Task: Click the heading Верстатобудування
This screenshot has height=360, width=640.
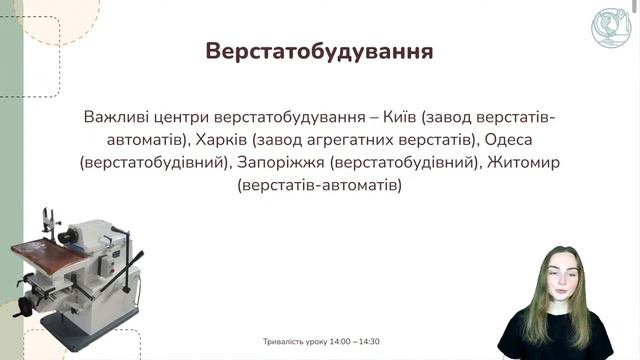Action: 319,52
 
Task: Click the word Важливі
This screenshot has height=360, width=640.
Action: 117,117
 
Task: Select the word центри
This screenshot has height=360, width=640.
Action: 187,117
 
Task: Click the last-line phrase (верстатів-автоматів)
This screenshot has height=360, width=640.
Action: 319,185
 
